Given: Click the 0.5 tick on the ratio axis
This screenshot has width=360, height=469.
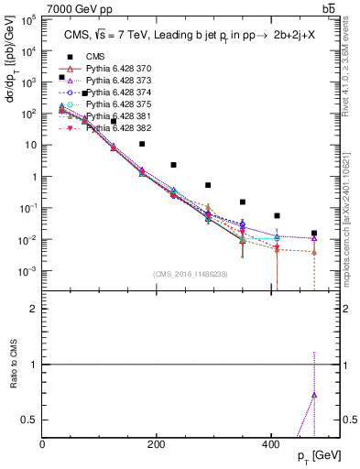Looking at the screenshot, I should point(33,420).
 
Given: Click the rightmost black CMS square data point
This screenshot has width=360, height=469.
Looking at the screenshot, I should point(314,234).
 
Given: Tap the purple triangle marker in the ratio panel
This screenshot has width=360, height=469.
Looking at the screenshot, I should point(314,395).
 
